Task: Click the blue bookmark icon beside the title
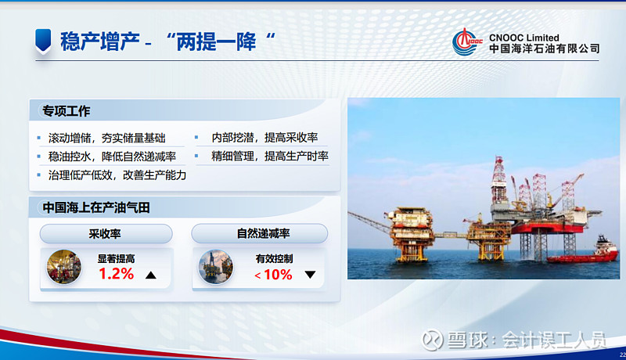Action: click(44, 40)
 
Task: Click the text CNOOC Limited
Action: click(523, 37)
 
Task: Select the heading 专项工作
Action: click(67, 110)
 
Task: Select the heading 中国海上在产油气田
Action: click(95, 207)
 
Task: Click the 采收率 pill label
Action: click(105, 233)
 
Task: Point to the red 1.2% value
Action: click(117, 274)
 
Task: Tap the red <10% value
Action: click(273, 275)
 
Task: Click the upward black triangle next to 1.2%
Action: click(151, 275)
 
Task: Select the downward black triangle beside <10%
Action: click(310, 275)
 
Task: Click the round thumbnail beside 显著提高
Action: click(64, 267)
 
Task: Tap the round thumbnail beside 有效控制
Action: click(216, 267)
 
